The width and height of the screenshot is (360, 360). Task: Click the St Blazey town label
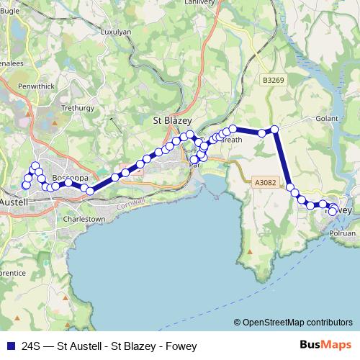[x=171, y=121]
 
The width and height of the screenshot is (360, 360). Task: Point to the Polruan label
[x=342, y=233]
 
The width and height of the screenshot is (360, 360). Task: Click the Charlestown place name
[x=84, y=218]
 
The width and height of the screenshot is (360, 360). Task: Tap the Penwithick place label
[x=36, y=86]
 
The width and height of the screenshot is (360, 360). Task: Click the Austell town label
[x=14, y=202]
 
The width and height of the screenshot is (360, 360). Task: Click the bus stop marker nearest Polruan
[x=333, y=211]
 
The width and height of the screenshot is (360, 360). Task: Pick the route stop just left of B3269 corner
[x=263, y=133]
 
